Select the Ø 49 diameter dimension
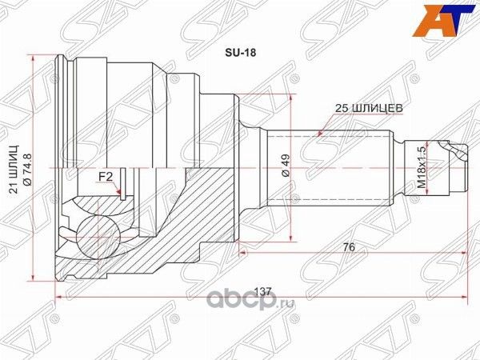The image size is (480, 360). pyautogui.click(x=286, y=165)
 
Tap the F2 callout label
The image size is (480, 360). pyautogui.click(x=104, y=177)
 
